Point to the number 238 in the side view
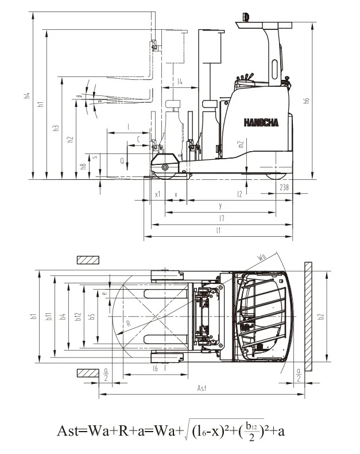pos(284,187)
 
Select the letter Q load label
pos(122,161)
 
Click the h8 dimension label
pos(84,167)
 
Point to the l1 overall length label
pos(218,230)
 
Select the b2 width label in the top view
pos(321,316)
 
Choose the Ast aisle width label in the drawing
pos(202,388)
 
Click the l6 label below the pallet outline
pos(155,368)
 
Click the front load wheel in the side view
pos(165,167)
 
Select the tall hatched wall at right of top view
pos(308,317)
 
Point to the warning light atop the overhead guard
pos(246,16)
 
